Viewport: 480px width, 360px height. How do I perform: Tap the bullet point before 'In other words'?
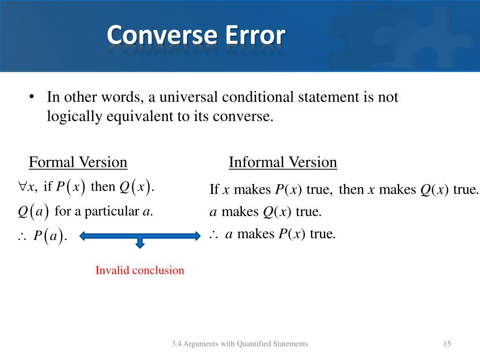(x=31, y=97)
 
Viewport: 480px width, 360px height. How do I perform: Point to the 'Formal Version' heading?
(x=78, y=163)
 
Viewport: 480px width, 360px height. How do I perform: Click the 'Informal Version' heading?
(x=283, y=163)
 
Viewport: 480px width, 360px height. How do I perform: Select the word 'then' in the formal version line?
(x=103, y=187)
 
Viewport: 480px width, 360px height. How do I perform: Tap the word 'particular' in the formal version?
(x=112, y=212)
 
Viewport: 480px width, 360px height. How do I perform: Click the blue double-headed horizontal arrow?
(x=140, y=236)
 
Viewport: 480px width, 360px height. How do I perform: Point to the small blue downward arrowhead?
(x=140, y=243)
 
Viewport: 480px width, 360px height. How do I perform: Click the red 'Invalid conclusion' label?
(x=140, y=270)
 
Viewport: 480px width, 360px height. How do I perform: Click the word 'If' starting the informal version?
(x=214, y=190)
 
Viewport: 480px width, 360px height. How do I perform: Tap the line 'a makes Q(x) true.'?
(x=265, y=212)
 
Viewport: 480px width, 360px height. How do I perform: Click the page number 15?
(x=447, y=344)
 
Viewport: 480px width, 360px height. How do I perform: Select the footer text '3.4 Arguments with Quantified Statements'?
(x=240, y=344)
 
